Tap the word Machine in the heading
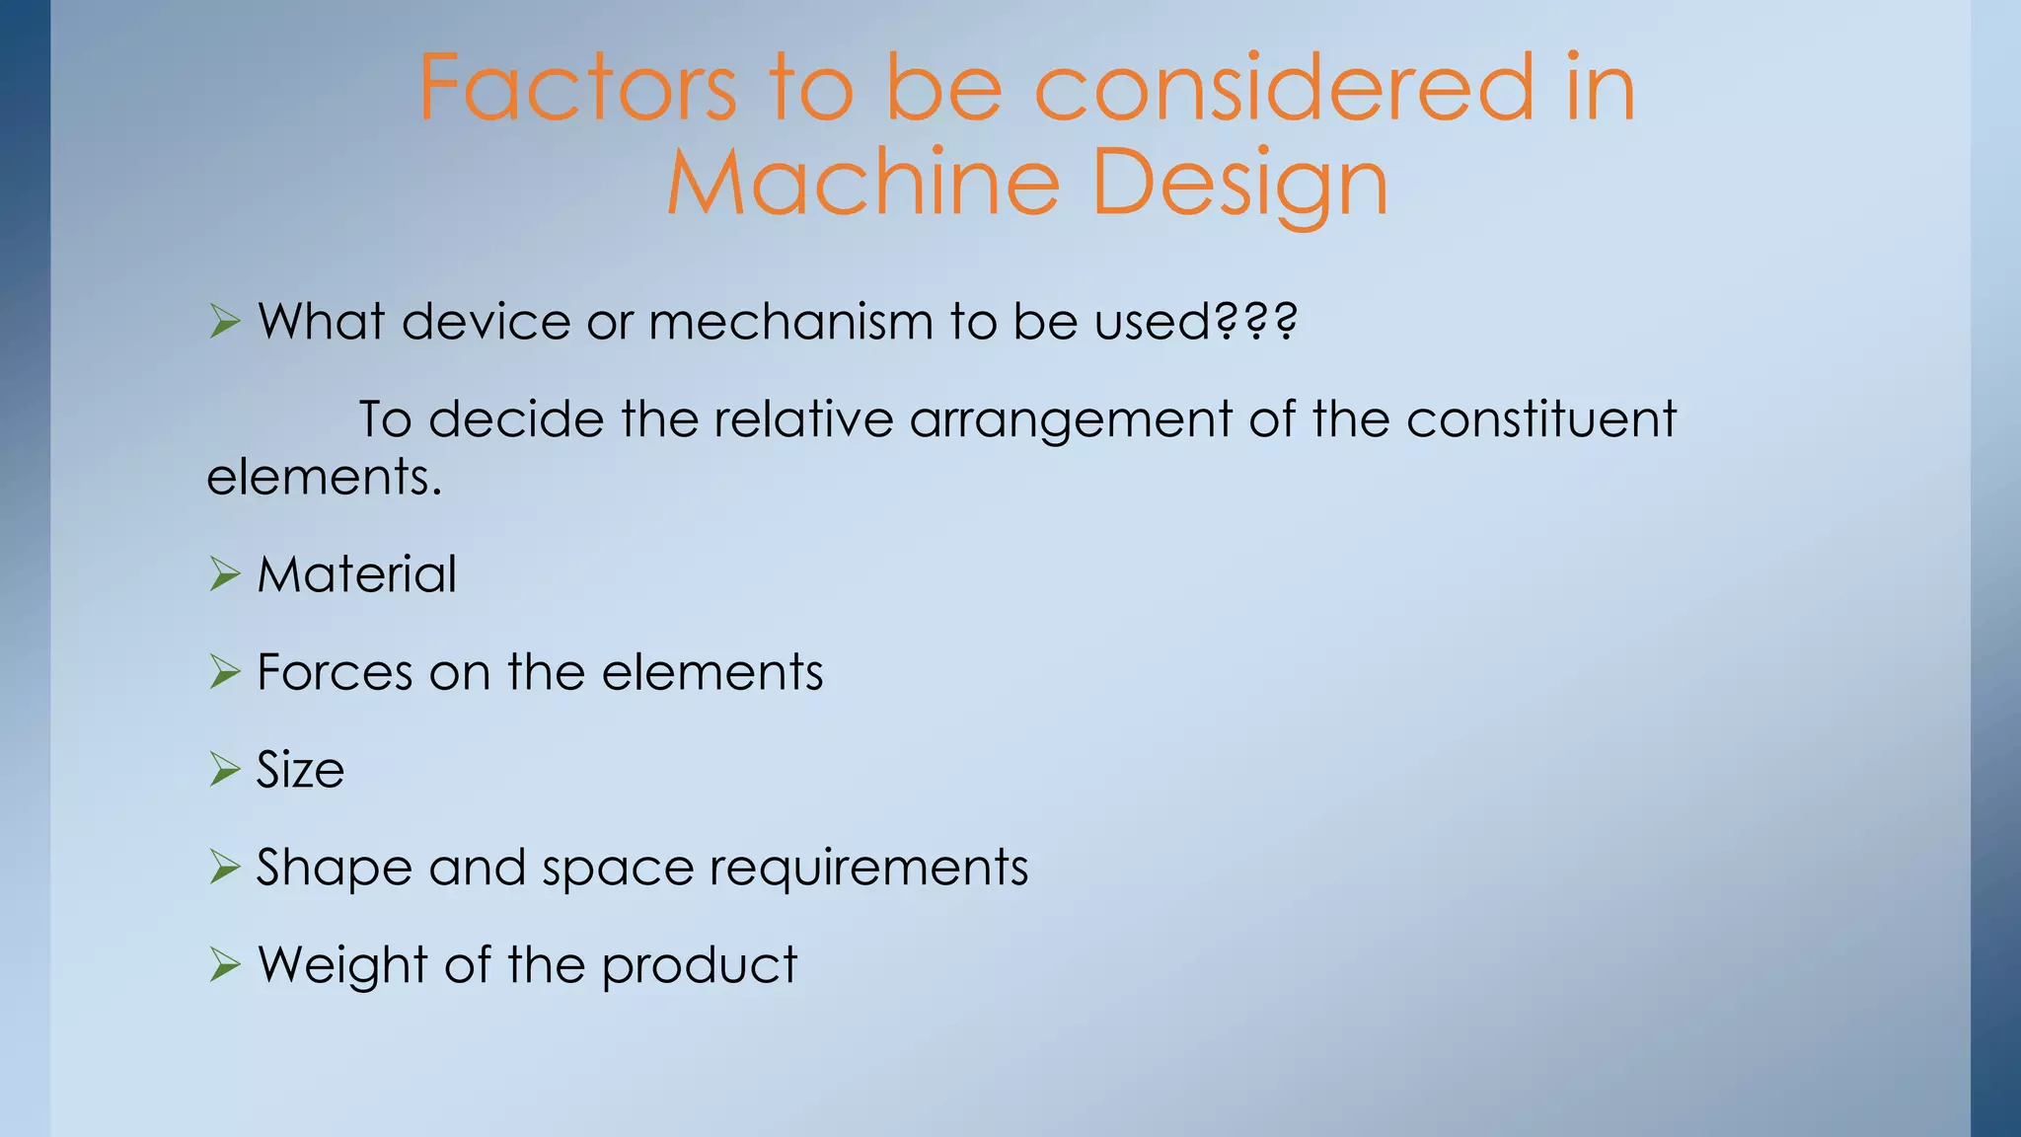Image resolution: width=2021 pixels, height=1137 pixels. pos(862,183)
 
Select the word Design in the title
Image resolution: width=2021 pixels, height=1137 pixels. pos(1240,183)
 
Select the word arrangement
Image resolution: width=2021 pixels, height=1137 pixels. pos(1071,420)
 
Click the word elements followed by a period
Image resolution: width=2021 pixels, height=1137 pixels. pos(324,477)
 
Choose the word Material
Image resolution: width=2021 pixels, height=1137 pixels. pos(357,574)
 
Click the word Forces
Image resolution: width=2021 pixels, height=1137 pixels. pos(336,672)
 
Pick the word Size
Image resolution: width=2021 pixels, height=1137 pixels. pos(301,770)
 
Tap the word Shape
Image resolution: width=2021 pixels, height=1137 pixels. pos(335,869)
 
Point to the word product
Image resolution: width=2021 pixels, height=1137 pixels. pos(699,965)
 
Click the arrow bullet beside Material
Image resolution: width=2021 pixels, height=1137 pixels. pos(225,574)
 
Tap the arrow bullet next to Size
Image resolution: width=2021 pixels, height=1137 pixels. pos(225,770)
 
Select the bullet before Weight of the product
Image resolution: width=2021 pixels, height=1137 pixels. pos(225,965)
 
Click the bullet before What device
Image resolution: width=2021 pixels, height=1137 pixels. pos(225,322)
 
